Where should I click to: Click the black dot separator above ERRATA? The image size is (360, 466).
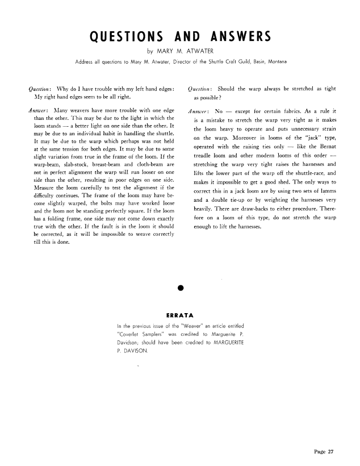[180, 287]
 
